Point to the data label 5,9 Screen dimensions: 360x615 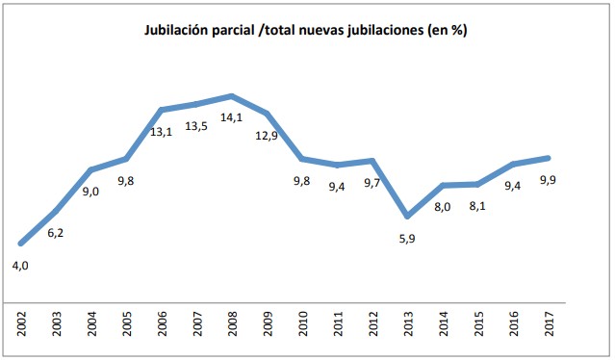click(409, 238)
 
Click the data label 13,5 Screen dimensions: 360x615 click(195, 125)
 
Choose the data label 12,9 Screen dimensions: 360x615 click(267, 136)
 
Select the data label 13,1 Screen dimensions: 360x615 click(161, 132)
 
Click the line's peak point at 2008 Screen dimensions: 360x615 click(231, 96)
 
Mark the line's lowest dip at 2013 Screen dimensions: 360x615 click(408, 216)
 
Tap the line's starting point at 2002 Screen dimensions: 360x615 click(20, 243)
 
